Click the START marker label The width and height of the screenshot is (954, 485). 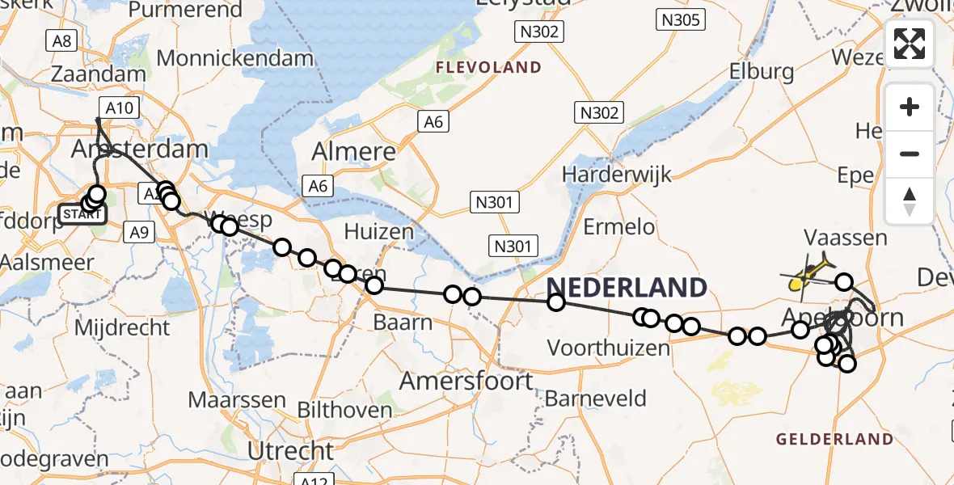[82, 214]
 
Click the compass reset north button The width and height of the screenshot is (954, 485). [910, 200]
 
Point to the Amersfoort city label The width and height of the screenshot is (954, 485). [466, 380]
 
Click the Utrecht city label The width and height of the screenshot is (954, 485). [290, 450]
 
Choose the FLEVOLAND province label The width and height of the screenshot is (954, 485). [488, 68]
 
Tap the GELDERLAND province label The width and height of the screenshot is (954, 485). [834, 440]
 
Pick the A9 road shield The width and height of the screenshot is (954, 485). [139, 233]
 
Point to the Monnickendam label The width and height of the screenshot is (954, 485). [234, 58]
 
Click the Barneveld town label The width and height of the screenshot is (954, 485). [595, 398]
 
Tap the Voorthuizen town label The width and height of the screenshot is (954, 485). [608, 348]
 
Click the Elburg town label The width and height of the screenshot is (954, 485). [762, 71]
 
